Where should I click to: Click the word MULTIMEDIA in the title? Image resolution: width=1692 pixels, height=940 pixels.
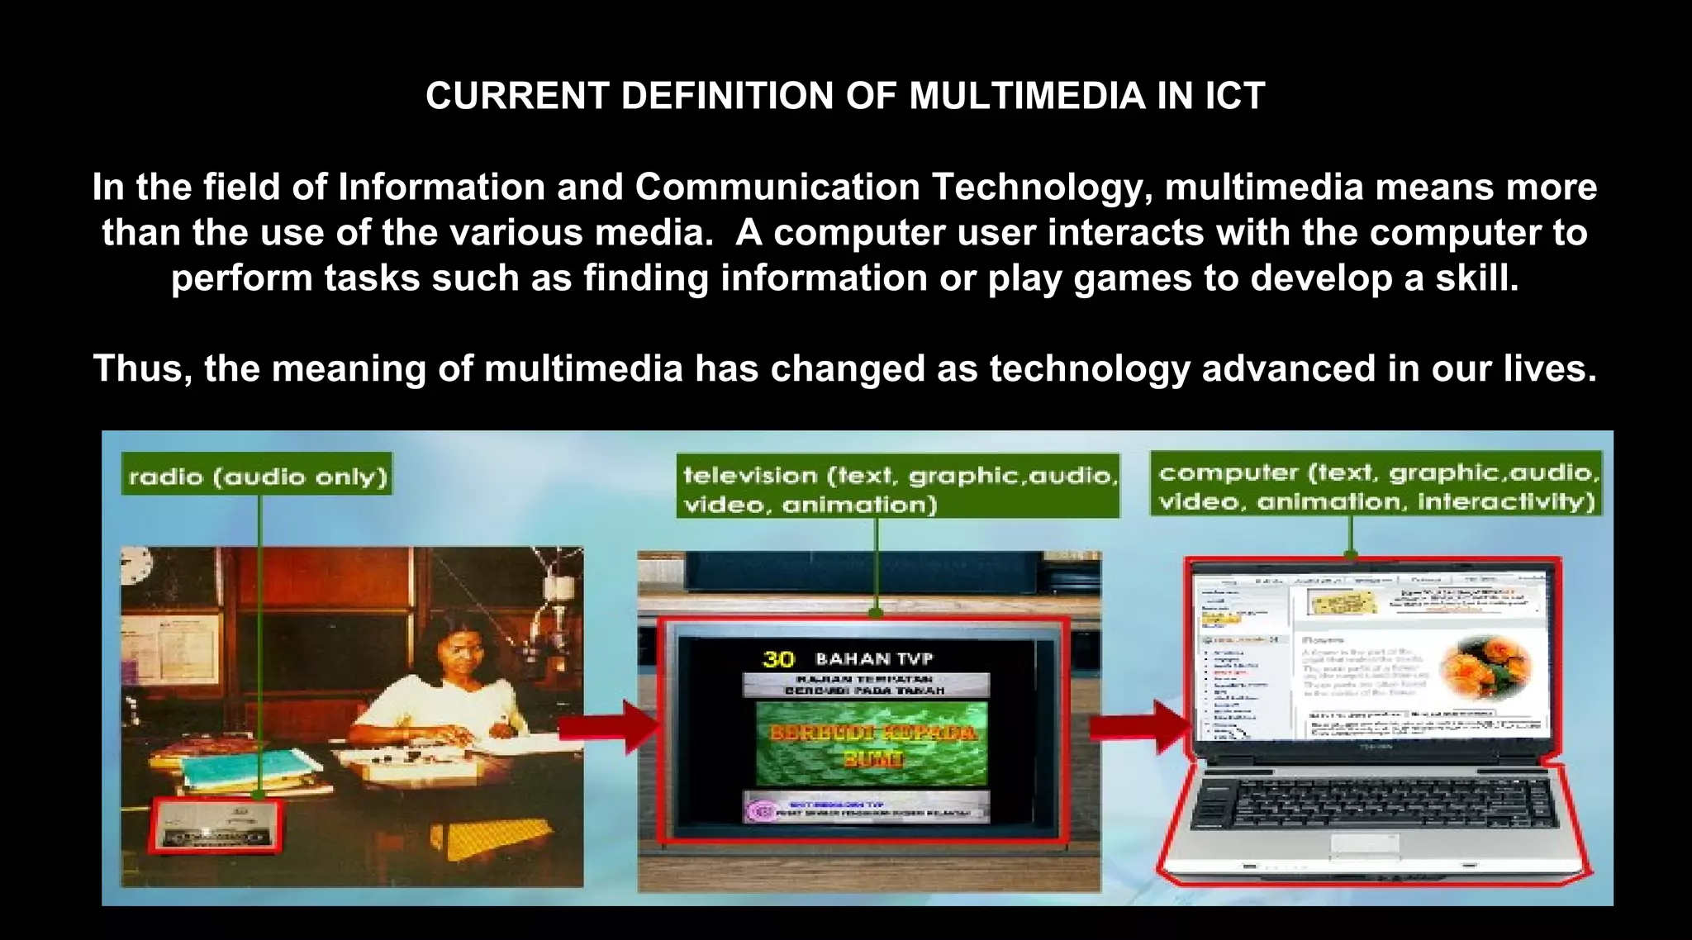coord(1027,97)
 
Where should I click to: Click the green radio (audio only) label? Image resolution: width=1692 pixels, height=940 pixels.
coord(257,476)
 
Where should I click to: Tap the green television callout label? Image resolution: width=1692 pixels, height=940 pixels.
coord(898,488)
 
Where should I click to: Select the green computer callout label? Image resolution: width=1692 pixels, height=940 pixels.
coord(1376,486)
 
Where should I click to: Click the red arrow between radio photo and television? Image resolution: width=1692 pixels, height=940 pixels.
coord(611,728)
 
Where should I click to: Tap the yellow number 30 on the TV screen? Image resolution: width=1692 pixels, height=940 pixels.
coord(777,659)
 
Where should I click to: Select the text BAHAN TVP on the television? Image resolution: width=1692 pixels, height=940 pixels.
coord(873,659)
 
